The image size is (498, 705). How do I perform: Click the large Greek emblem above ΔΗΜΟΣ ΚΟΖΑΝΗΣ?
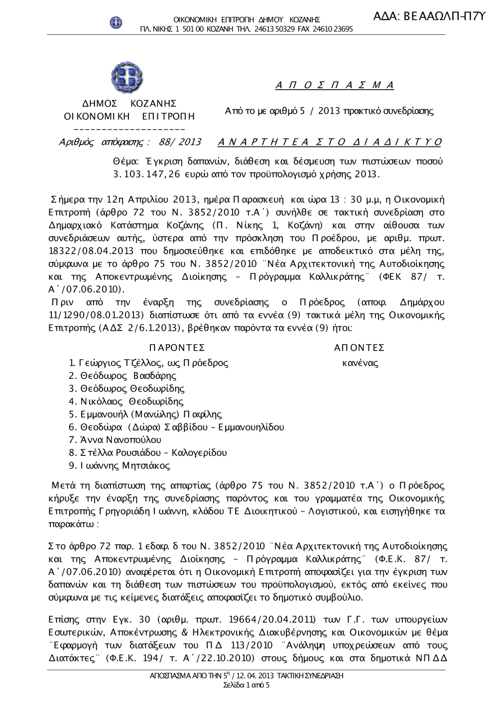click(x=126, y=78)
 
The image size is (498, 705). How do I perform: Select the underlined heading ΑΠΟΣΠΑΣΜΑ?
click(x=335, y=85)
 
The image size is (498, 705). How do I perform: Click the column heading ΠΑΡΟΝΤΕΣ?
click(x=176, y=348)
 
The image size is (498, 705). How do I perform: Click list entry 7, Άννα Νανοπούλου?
click(x=115, y=440)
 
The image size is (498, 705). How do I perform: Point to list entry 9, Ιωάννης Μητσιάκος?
click(x=120, y=466)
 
